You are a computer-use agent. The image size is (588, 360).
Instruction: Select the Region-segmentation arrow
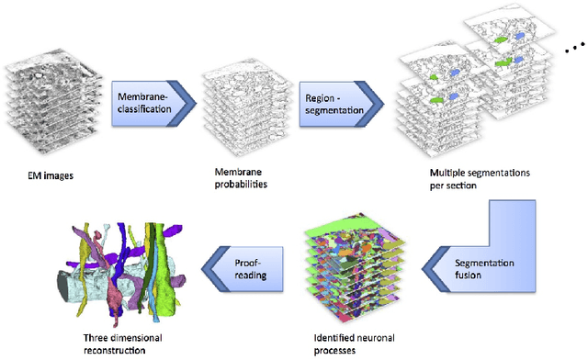click(335, 98)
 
